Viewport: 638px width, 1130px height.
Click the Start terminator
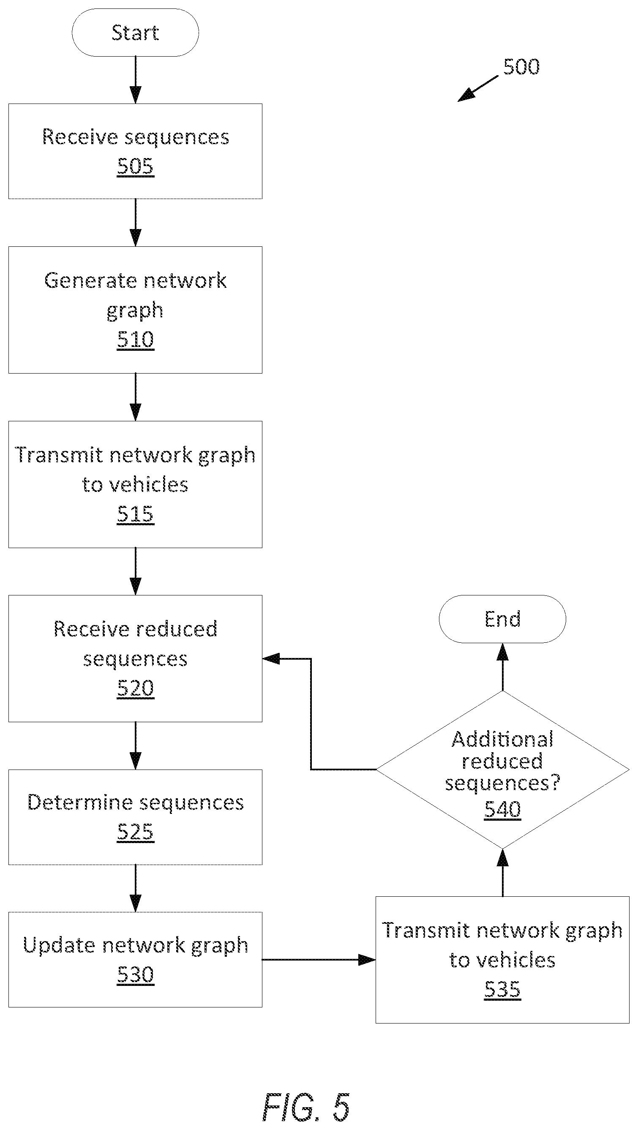pos(135,33)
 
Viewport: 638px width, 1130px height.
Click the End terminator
pos(502,619)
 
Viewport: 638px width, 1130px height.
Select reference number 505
pos(136,166)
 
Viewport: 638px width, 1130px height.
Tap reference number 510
pos(136,339)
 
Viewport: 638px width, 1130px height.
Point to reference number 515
pos(136,514)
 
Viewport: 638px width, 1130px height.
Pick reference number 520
pos(136,688)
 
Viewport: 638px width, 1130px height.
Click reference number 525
pos(136,832)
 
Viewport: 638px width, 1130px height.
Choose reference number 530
pos(136,975)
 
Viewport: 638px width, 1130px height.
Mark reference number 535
pos(502,989)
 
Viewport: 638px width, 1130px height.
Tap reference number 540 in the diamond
pos(502,809)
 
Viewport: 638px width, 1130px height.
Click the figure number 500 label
pos(521,67)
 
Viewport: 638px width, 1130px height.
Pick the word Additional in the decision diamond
pos(502,740)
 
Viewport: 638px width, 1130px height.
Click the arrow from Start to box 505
pos(136,80)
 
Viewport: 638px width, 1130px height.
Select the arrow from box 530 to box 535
pos(319,960)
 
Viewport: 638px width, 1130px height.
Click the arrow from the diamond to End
pos(502,667)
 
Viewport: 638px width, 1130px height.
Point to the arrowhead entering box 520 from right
pos(271,658)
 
